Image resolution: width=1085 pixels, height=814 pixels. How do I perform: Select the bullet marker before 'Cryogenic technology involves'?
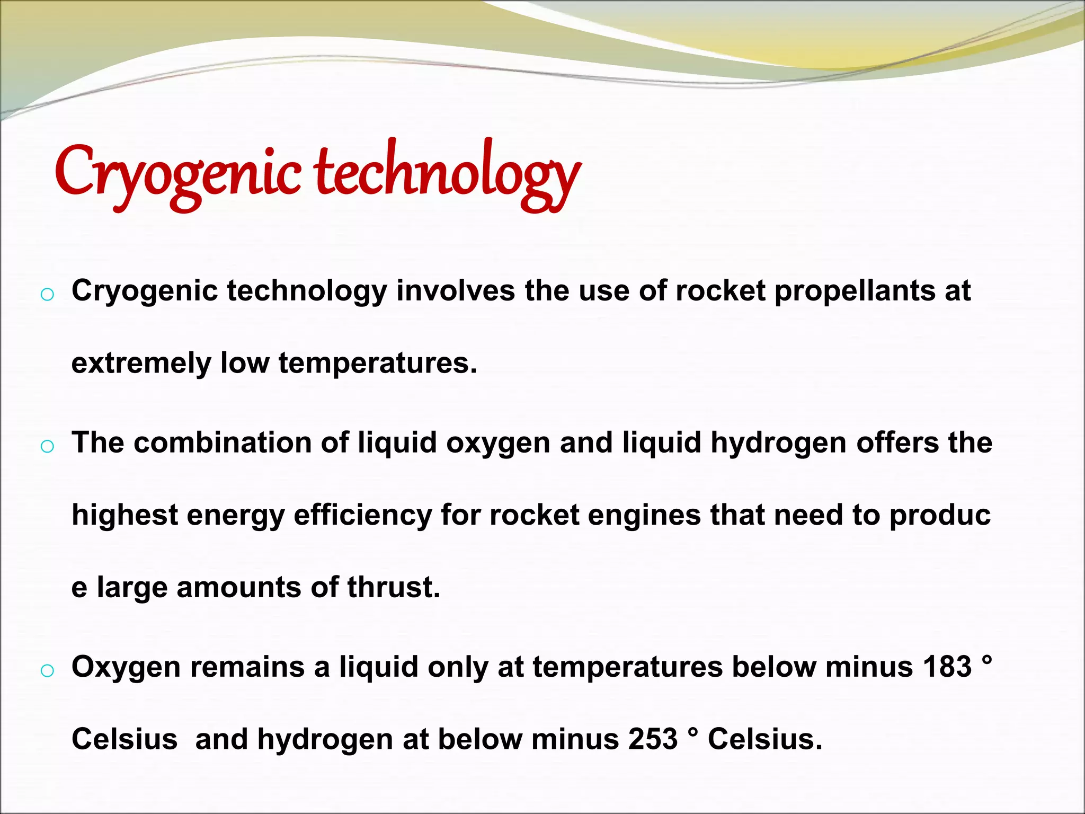tap(47, 295)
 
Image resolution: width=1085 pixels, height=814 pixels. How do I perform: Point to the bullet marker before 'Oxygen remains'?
tap(47, 670)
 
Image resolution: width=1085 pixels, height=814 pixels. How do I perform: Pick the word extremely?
tap(141, 364)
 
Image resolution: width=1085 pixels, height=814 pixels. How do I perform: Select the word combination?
tap(223, 443)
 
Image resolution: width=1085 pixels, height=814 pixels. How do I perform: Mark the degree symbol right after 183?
tap(986, 661)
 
